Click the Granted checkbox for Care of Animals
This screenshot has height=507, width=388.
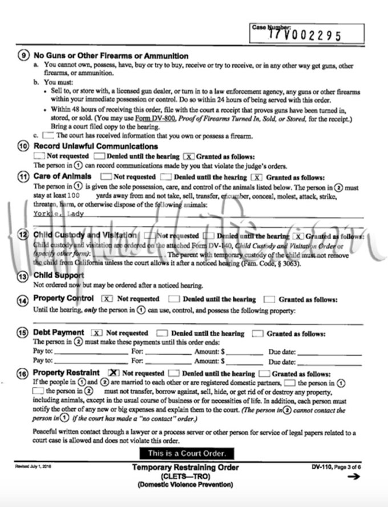[257, 178]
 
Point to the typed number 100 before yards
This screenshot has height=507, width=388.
[82, 195]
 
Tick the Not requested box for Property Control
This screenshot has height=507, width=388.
[107, 299]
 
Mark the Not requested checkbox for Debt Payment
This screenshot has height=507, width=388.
[96, 333]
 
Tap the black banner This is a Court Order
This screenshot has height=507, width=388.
[188, 453]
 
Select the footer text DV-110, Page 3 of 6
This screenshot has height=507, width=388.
[340, 466]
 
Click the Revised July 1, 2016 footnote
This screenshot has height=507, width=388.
[33, 466]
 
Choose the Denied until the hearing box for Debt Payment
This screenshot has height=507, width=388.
[162, 333]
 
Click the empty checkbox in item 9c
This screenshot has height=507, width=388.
[48, 136]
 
